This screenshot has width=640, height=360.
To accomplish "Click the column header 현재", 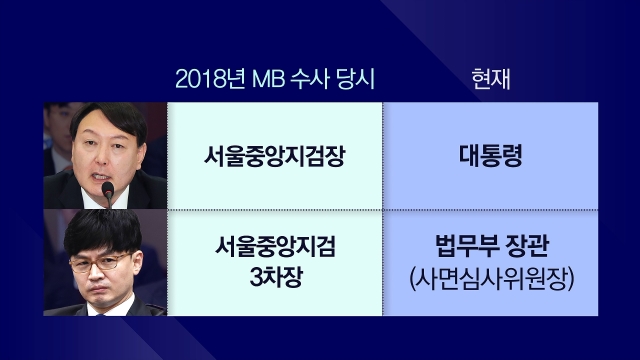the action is click(491, 79).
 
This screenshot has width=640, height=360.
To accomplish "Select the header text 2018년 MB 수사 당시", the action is click(275, 79).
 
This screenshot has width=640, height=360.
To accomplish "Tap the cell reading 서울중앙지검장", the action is click(275, 156).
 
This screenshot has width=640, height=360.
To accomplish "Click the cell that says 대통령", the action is click(491, 156).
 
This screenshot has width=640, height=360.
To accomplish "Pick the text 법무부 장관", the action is click(492, 246).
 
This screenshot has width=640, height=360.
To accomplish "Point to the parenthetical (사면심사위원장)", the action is click(492, 279).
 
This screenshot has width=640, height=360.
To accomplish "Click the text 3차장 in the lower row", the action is click(276, 278).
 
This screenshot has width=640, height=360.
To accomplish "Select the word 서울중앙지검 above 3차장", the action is click(275, 246).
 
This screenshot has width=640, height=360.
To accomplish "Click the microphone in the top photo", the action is click(108, 193).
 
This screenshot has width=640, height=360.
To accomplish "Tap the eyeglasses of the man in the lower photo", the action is click(100, 263).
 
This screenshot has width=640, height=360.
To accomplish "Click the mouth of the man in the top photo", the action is click(100, 177).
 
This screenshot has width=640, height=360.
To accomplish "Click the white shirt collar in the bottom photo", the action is click(110, 307).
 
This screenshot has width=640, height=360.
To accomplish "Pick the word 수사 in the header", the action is click(309, 79).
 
